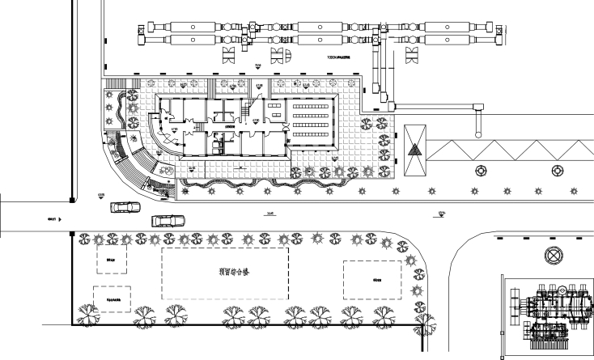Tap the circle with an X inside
(x=554, y=256)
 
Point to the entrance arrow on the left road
(x=61, y=218)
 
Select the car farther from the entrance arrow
(x=168, y=219)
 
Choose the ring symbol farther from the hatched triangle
(x=557, y=172)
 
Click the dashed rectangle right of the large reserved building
(x=371, y=280)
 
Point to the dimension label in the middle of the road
(x=269, y=214)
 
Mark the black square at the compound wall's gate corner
(x=72, y=235)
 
